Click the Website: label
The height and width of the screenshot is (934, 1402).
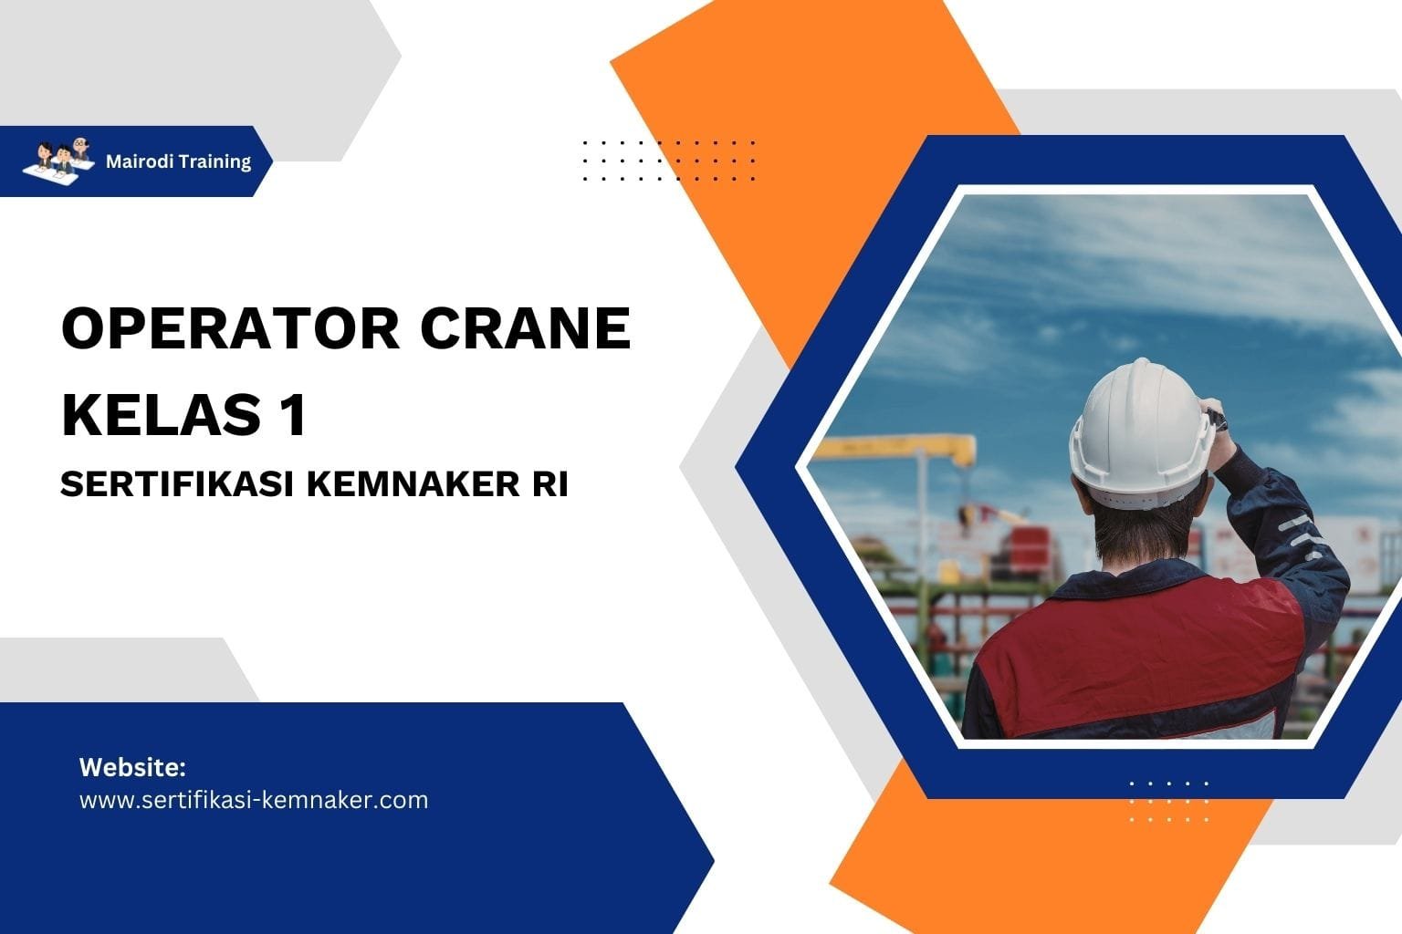(x=132, y=767)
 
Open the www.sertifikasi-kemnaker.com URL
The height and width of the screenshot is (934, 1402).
(x=254, y=800)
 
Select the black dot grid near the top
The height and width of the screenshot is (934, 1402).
(x=669, y=161)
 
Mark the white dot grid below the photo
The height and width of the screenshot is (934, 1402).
(x=1169, y=801)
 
